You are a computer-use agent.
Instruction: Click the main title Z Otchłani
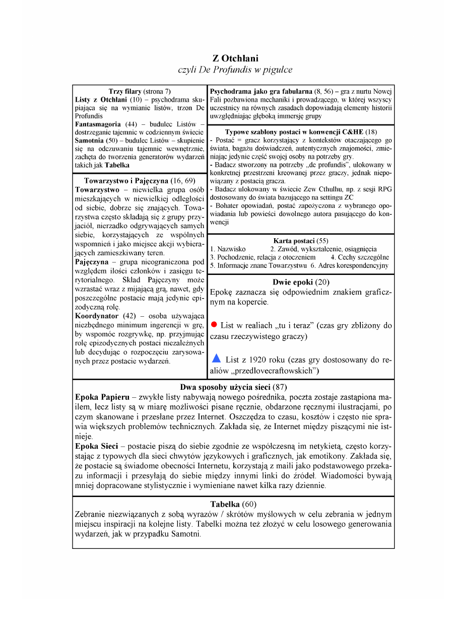coord(235,59)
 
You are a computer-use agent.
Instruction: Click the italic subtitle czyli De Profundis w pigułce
coord(235,70)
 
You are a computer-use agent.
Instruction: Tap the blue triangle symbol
coord(216,359)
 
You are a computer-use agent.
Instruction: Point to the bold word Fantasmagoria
coord(98,124)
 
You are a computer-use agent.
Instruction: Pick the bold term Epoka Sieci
coord(96,447)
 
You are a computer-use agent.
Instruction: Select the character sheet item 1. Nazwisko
coord(228,249)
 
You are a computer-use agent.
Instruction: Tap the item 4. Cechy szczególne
coord(360,257)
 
